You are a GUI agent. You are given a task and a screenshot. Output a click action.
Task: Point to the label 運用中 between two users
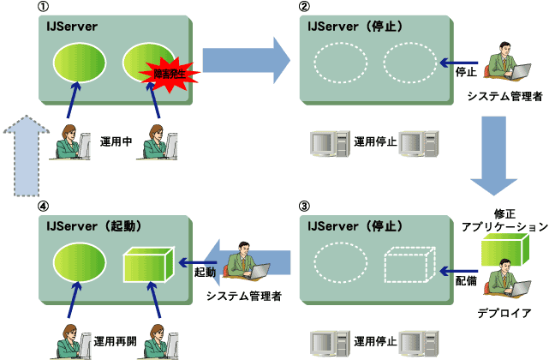(115, 140)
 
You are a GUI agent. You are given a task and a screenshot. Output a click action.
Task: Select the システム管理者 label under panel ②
(505, 98)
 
